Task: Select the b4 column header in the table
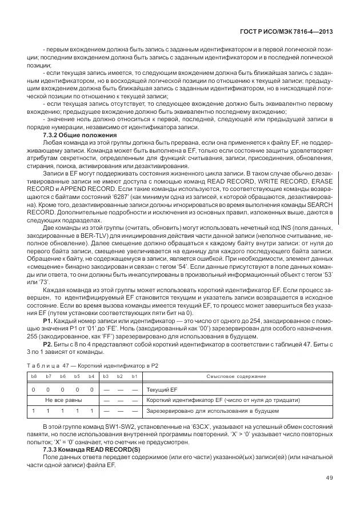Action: pos(91,377)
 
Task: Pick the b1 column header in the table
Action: pos(133,377)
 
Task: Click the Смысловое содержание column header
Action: pos(236,377)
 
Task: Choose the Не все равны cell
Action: pos(62,400)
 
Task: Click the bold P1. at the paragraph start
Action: pos(48,322)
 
